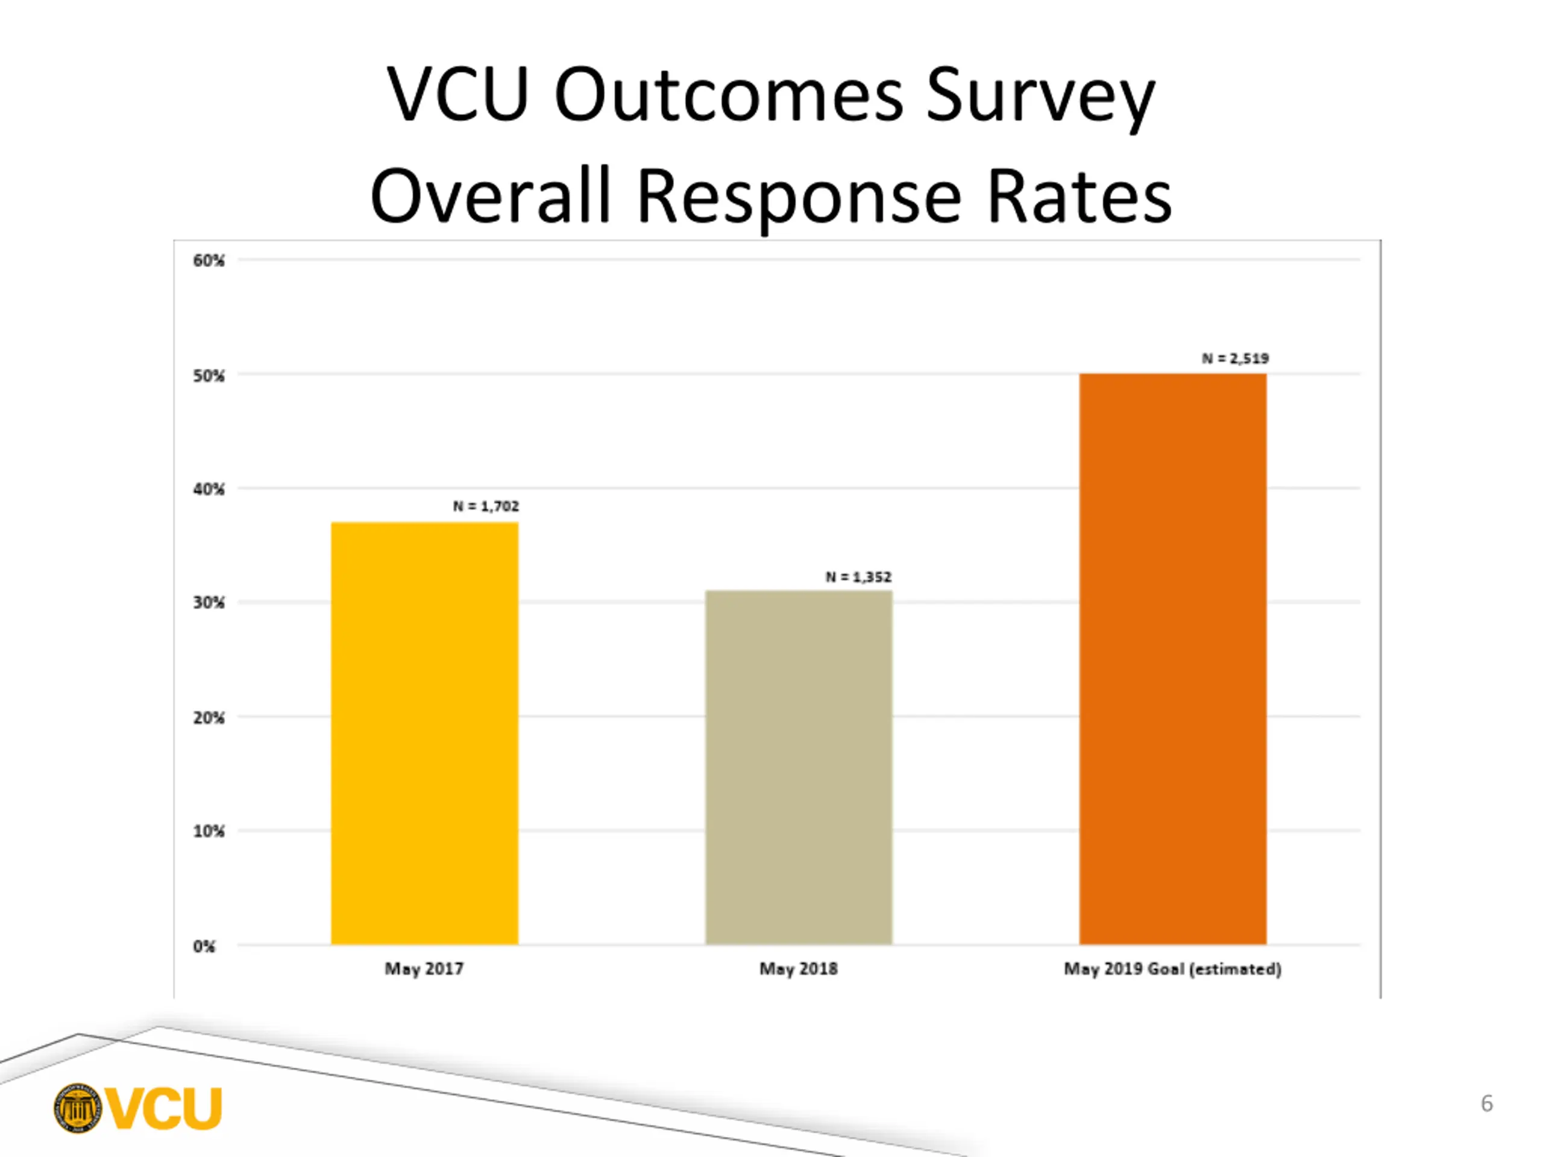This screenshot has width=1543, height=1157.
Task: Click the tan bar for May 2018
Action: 798,767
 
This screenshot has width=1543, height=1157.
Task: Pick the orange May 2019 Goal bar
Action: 1172,659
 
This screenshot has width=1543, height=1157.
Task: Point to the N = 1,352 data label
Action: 858,577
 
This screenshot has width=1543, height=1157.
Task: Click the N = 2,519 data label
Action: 1234,359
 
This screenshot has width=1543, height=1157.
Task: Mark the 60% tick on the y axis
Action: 209,261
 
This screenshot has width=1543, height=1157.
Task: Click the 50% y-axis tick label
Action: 209,376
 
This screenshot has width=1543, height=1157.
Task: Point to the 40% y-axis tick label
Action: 209,489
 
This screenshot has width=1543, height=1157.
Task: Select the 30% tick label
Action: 209,603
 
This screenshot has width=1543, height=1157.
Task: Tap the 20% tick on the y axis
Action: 209,718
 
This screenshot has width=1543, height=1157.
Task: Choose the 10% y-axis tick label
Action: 209,832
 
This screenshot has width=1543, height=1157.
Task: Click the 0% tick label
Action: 204,946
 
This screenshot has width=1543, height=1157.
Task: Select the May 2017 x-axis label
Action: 424,969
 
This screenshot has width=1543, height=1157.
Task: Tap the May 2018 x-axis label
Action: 798,969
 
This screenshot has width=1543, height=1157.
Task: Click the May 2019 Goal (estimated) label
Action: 1172,969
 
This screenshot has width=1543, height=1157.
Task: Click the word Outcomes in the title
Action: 728,96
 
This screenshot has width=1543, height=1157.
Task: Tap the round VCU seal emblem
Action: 77,1108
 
